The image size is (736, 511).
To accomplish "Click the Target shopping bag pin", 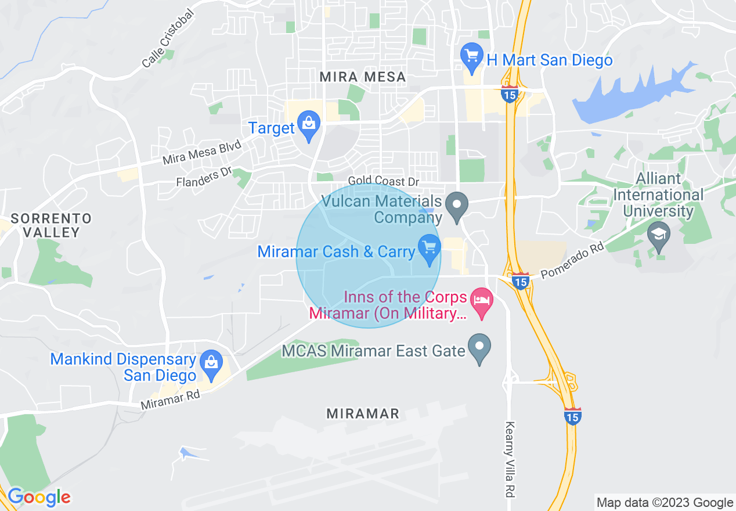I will [309, 125].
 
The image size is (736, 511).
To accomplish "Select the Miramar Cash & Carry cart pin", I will [430, 249].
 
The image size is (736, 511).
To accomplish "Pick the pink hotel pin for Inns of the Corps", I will [481, 302].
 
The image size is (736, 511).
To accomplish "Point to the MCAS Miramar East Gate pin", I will [479, 348].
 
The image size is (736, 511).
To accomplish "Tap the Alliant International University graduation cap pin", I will [659, 236].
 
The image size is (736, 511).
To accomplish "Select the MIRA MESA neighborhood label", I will [362, 77].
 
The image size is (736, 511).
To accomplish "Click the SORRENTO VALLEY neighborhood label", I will [52, 225].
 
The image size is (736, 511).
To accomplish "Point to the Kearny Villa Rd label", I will [510, 459].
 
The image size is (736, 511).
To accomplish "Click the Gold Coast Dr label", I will [383, 181].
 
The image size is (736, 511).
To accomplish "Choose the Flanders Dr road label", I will [204, 177].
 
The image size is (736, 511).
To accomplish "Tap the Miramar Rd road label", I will [170, 400].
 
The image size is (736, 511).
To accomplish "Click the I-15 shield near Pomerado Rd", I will [521, 282].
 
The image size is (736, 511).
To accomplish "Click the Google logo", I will [39, 497].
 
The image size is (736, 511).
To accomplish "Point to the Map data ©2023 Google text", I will [665, 502].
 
